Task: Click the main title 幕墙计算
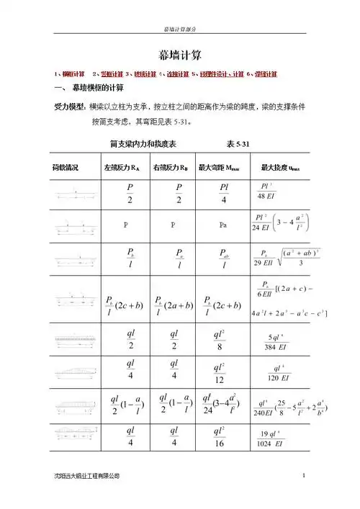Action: [x=180, y=54]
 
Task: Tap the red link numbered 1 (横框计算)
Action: [x=70, y=74]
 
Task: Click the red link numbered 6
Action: [x=263, y=74]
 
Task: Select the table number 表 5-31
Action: [x=238, y=144]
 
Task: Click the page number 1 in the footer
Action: [x=305, y=476]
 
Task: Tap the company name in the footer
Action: [x=91, y=476]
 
